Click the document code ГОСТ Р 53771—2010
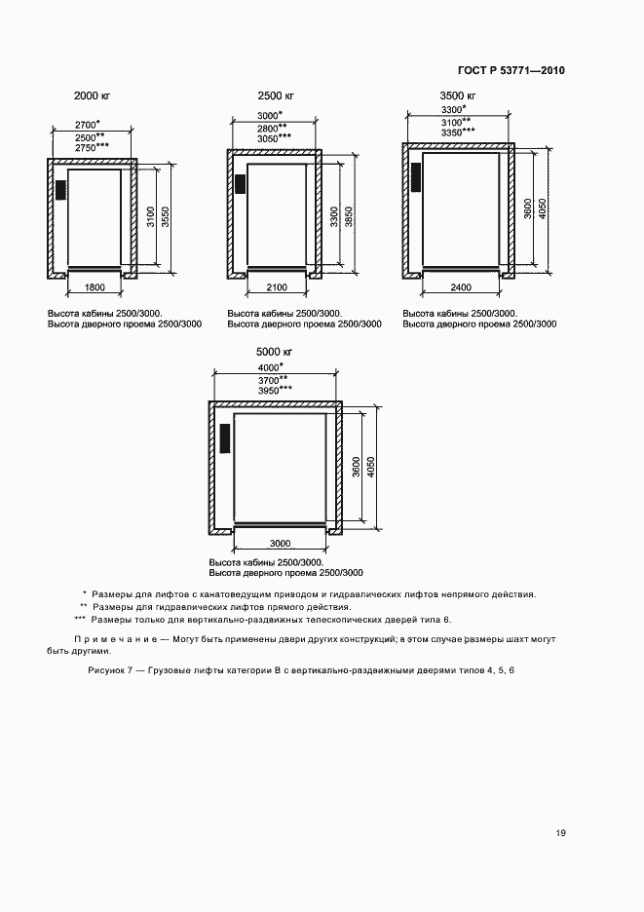click(511, 71)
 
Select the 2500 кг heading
click(276, 95)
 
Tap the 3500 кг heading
click(458, 95)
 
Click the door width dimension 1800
click(95, 287)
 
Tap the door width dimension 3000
click(281, 543)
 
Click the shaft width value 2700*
click(89, 125)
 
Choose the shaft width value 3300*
click(455, 111)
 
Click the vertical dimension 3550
click(166, 217)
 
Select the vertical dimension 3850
click(349, 217)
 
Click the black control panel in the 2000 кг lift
click(59, 189)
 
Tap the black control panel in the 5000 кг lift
click(225, 437)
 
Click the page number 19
click(560, 832)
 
